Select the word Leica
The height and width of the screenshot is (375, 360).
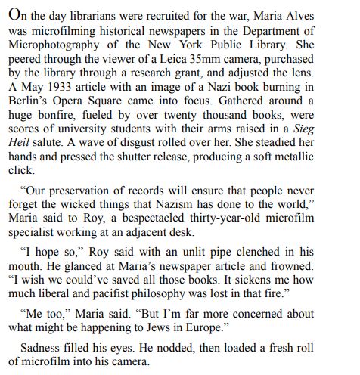tap(177, 58)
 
